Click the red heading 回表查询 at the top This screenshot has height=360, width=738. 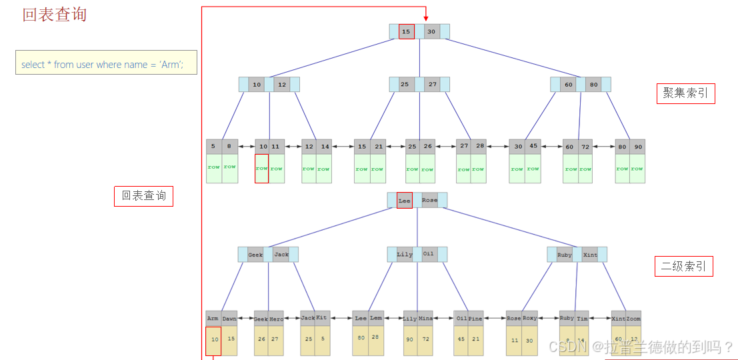tap(55, 15)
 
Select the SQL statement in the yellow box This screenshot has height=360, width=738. tap(102, 65)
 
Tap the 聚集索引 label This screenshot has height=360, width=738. tap(685, 94)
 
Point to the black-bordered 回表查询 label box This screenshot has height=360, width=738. tap(143, 196)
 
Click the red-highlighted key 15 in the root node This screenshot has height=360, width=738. tap(407, 31)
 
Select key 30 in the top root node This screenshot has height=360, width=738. tap(431, 31)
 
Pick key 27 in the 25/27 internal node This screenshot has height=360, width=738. tap(433, 85)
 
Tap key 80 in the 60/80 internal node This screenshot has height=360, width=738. tap(593, 85)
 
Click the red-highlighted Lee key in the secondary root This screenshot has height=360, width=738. tap(405, 200)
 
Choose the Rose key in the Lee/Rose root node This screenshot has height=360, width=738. tap(430, 200)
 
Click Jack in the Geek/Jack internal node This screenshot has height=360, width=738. tap(281, 255)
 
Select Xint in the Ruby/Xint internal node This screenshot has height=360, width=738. tap(590, 255)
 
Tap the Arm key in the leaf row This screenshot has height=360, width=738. tap(213, 319)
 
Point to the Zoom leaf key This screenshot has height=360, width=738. tap(633, 319)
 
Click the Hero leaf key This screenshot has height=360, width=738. tap(276, 319)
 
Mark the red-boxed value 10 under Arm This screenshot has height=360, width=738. tap(213, 340)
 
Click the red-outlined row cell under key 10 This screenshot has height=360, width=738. tap(261, 169)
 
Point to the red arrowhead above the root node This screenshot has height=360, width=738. tap(425, 19)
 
